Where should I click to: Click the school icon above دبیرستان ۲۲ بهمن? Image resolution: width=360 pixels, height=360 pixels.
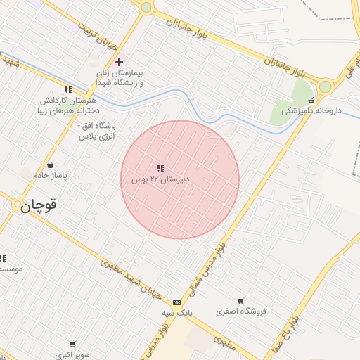pos(160,169)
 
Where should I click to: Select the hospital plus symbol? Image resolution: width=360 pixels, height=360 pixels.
pos(120,62)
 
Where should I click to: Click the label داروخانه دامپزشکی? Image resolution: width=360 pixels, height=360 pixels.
pos(309,111)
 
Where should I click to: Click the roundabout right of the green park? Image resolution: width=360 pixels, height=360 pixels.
pos(325,87)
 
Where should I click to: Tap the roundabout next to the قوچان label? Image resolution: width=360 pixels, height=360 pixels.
pos(18,205)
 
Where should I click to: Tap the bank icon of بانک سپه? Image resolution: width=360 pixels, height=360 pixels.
pos(176,302)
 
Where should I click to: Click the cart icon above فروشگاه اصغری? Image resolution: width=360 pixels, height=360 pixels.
pos(240,301)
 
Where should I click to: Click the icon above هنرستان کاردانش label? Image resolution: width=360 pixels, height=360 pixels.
pos(68,90)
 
